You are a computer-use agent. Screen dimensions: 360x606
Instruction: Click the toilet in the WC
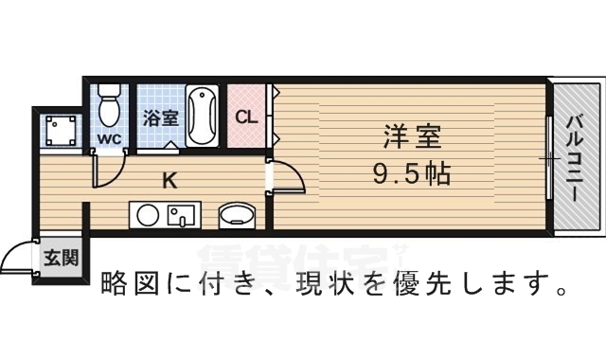110,105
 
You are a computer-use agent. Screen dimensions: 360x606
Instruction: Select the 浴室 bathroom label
161,119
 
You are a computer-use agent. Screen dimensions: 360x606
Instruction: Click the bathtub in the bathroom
202,117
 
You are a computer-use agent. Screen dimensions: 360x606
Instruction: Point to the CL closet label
246,118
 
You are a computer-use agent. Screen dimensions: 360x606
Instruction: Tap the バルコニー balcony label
576,157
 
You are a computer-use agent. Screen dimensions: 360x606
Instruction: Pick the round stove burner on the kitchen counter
148,215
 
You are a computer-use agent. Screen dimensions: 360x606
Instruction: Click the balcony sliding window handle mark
548,158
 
